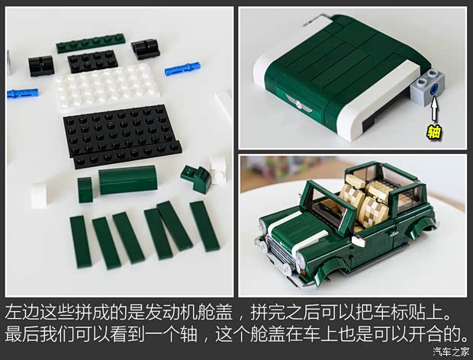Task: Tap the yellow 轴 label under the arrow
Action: [434, 132]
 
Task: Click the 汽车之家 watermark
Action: [451, 352]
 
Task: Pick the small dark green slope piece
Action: [198, 178]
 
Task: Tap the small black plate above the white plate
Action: [92, 61]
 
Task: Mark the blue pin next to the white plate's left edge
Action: [23, 94]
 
